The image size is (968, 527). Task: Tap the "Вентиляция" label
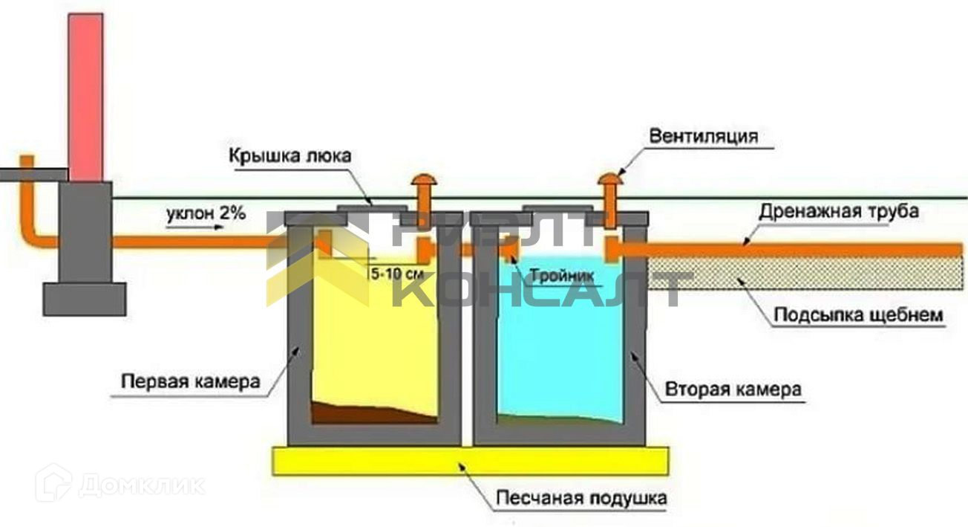click(703, 136)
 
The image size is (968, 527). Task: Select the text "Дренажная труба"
click(839, 211)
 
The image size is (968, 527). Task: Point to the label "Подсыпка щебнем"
click(858, 315)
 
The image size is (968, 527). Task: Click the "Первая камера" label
click(191, 382)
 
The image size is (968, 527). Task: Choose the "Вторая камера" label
click(733, 389)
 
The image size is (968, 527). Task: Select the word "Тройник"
click(558, 274)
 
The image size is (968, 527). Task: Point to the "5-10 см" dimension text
click(396, 273)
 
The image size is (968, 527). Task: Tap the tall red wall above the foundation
click(85, 97)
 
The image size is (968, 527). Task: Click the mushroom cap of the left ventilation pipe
click(424, 179)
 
